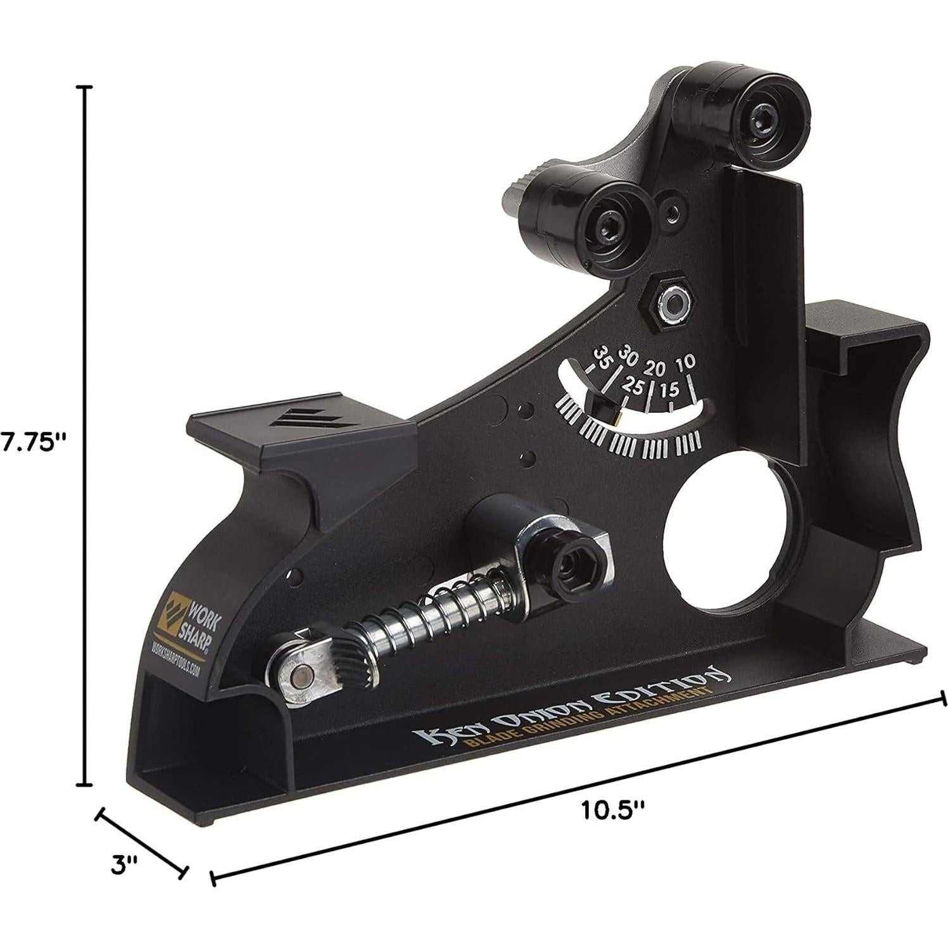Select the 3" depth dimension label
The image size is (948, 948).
[124, 866]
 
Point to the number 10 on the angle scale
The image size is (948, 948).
[686, 363]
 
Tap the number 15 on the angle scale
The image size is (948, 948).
[670, 389]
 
